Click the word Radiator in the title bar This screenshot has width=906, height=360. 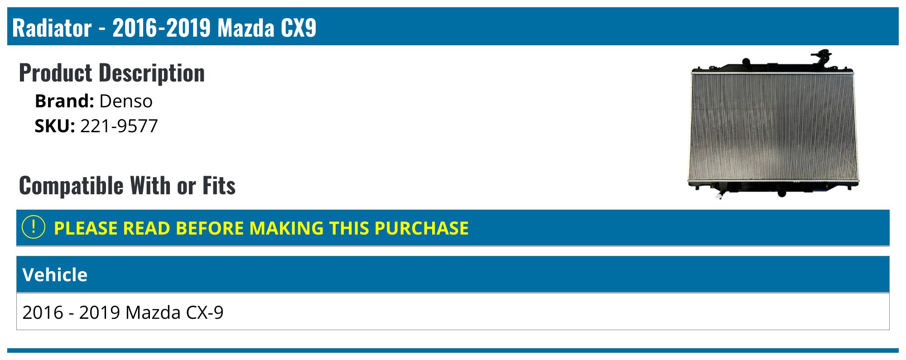point(52,28)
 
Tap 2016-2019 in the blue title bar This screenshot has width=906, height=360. point(162,28)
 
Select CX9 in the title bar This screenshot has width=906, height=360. point(298,28)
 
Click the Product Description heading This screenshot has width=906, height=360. point(112,73)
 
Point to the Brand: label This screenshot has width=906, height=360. point(64,101)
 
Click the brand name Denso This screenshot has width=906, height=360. point(126,101)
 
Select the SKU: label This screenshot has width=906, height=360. point(55,126)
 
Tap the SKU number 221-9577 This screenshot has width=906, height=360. point(119,126)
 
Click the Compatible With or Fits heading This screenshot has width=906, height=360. point(127,186)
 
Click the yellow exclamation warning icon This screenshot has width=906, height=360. point(33,227)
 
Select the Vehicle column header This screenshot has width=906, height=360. point(55,275)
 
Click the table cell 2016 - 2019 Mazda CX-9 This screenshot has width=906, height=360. point(123,312)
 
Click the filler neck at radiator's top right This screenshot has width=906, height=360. point(821,57)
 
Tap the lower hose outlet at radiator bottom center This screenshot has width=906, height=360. point(782,192)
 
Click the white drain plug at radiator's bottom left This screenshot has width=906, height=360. point(719,195)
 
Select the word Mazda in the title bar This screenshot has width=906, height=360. point(246,28)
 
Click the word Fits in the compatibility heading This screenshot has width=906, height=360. point(219,186)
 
